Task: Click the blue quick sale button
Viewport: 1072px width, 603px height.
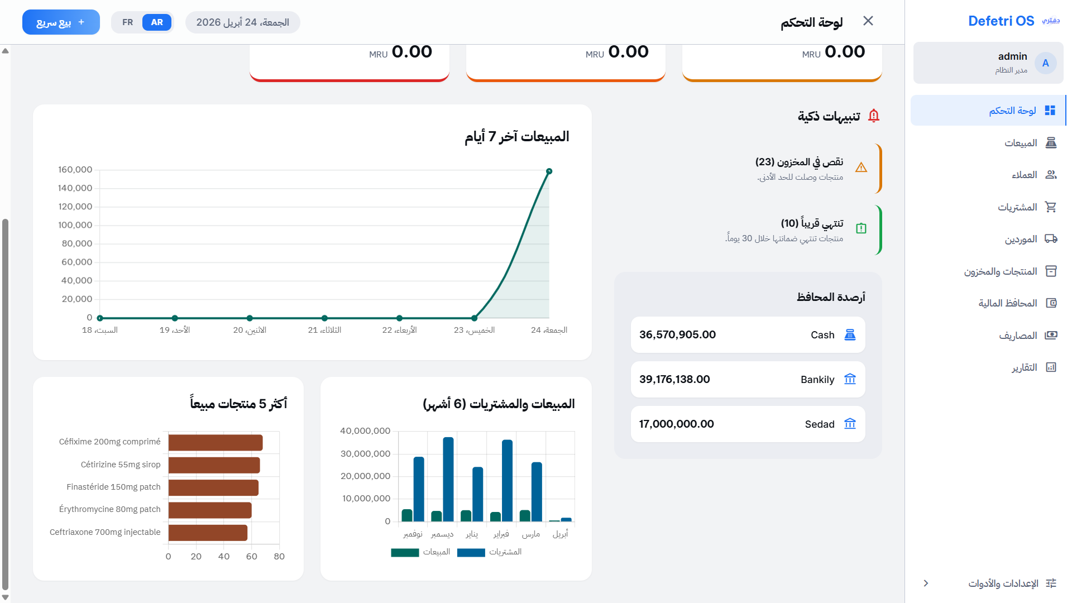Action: [x=61, y=22]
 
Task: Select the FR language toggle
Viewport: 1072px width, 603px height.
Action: [x=127, y=22]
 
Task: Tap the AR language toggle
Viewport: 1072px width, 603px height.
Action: [x=157, y=22]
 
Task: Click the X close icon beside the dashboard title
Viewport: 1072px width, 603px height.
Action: [x=868, y=21]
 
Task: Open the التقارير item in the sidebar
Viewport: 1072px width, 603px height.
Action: [x=1025, y=367]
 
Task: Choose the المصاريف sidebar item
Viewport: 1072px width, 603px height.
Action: [x=1018, y=336]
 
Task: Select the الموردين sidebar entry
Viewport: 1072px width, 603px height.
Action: [x=1021, y=239]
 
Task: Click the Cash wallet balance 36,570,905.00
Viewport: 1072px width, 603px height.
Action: [x=677, y=334]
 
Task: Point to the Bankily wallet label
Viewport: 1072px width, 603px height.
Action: [x=817, y=380]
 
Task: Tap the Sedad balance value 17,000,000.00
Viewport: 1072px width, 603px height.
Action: [x=676, y=424]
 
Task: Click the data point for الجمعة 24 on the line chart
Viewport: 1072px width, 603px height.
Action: [x=549, y=171]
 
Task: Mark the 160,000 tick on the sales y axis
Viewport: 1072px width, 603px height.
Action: [x=75, y=170]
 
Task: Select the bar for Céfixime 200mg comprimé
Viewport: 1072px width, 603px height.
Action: [x=216, y=443]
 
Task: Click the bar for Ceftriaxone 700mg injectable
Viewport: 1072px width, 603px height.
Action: [x=208, y=533]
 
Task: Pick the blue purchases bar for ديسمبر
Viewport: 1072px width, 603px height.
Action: [x=448, y=479]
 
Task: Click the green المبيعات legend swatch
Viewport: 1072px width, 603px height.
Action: [x=405, y=552]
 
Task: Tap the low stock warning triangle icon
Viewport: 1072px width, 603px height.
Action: [x=861, y=167]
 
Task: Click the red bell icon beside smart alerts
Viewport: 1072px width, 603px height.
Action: [x=874, y=116]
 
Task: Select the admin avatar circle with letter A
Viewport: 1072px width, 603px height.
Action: [x=1045, y=63]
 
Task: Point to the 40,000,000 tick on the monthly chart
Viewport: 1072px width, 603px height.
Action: [x=365, y=431]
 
